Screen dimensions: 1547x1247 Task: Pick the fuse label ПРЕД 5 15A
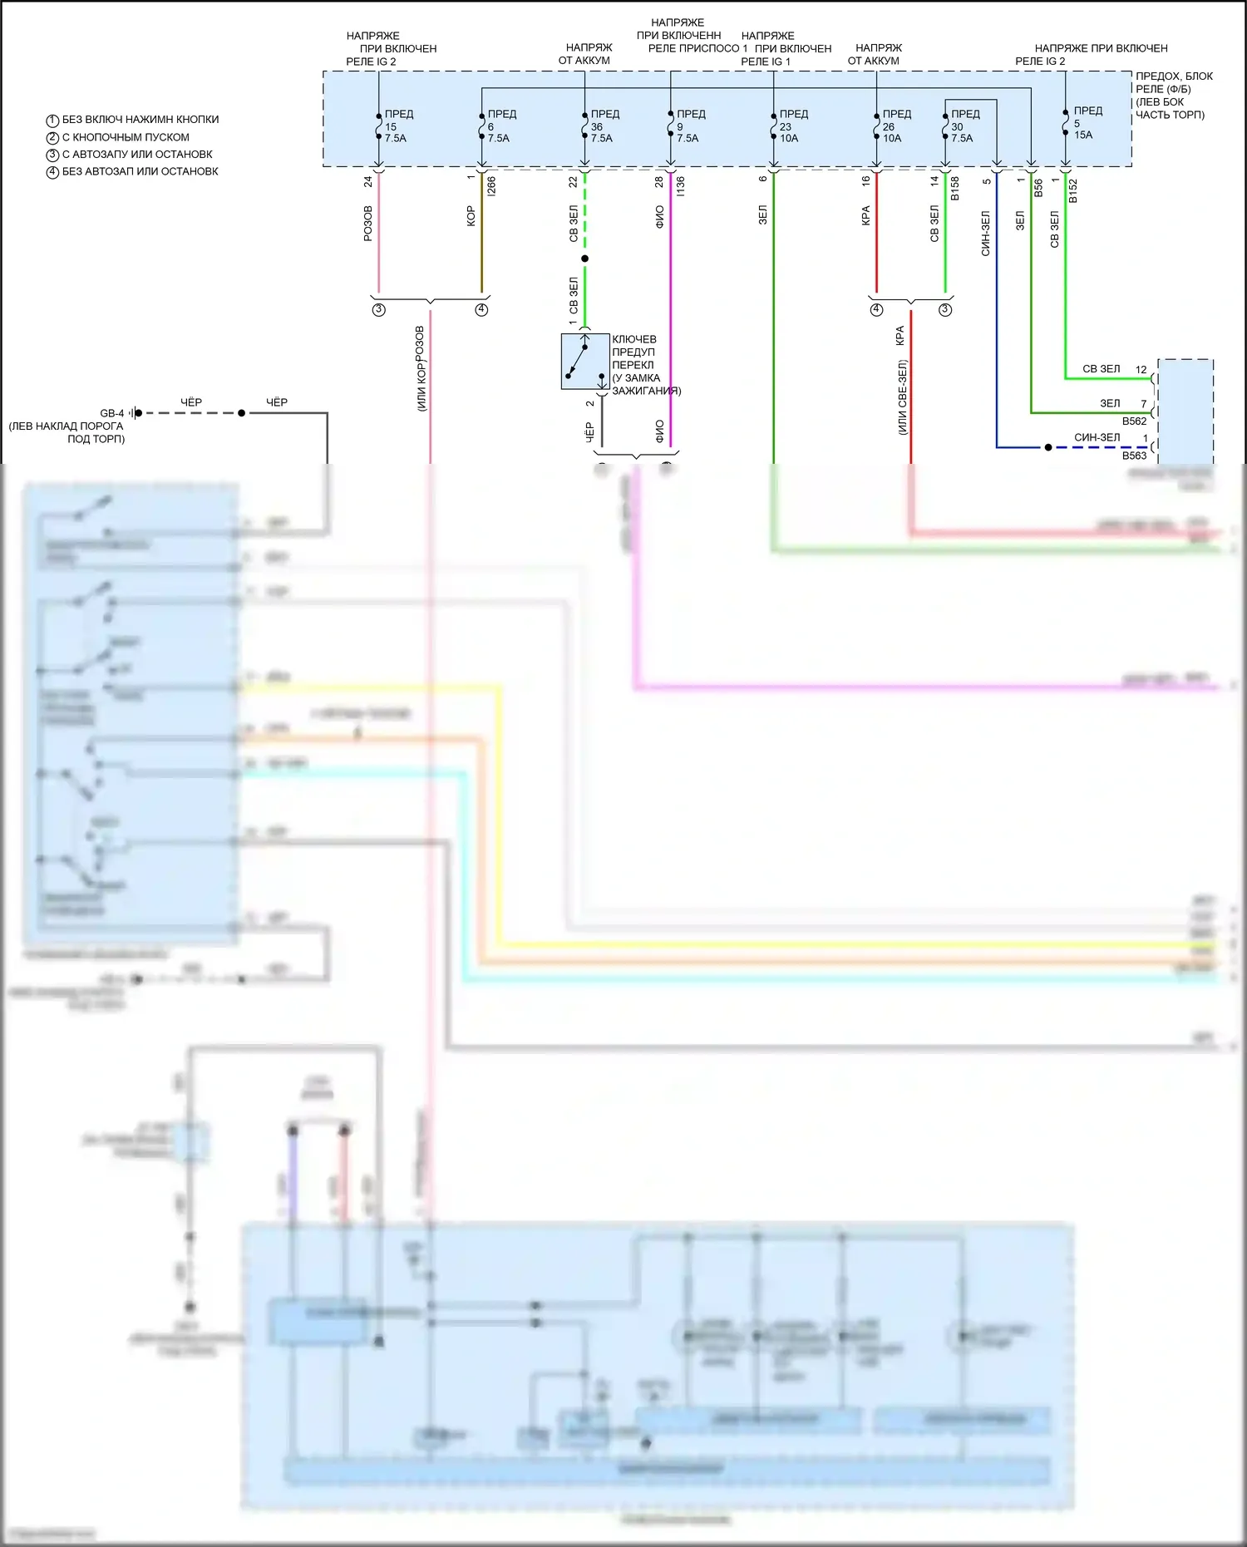point(1085,123)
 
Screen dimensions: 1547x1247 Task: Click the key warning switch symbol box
point(584,362)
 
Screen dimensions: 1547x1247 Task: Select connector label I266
point(491,186)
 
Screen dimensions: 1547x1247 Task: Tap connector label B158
point(955,189)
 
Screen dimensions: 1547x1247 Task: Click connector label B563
point(1134,456)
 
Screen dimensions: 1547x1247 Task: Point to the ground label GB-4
point(111,413)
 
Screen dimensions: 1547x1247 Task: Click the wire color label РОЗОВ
point(368,224)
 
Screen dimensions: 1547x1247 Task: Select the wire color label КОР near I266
point(471,216)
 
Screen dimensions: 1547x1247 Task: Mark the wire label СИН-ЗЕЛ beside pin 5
point(985,233)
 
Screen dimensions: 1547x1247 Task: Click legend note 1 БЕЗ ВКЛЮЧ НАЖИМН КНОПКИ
point(133,120)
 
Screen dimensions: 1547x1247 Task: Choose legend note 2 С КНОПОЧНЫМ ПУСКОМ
point(118,137)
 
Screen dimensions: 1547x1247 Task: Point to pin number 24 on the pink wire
point(368,181)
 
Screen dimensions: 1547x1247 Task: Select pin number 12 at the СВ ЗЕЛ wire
point(1141,370)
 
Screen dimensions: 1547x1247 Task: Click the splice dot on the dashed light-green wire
point(584,259)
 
